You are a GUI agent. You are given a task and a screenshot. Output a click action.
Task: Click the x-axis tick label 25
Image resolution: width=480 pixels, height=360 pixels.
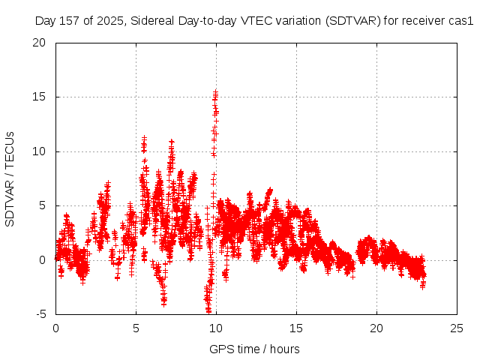[x=457, y=328]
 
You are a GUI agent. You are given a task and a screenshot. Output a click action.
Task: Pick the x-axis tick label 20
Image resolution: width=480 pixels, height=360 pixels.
[x=376, y=328]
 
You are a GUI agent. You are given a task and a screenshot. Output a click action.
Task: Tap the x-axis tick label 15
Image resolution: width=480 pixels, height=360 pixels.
[x=296, y=328]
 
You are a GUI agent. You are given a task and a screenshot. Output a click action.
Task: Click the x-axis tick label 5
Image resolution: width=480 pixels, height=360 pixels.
[x=136, y=328]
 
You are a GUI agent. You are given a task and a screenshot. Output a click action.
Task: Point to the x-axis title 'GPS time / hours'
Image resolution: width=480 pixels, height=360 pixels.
[x=256, y=349]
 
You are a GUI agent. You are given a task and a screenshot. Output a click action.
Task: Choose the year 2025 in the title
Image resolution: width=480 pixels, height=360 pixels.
[x=109, y=22]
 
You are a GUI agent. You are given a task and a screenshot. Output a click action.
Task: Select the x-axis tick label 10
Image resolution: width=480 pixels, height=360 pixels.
[x=216, y=328]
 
